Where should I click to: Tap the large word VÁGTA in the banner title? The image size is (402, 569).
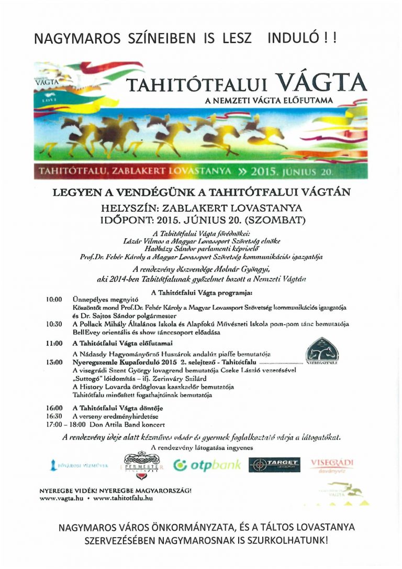[320, 82]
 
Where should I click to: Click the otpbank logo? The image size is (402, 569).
[207, 465]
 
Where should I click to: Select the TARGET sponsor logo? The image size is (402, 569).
[274, 465]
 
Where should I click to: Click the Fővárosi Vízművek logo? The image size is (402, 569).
[79, 465]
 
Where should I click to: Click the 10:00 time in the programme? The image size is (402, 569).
[54, 299]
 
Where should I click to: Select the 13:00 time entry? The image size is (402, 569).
[54, 362]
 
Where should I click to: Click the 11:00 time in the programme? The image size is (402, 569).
[54, 343]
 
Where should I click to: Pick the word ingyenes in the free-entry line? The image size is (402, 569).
[240, 447]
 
